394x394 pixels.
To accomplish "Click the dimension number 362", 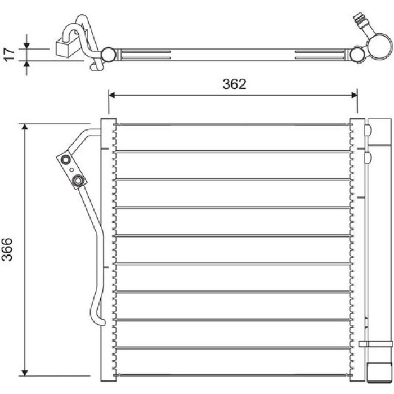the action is click(x=234, y=84).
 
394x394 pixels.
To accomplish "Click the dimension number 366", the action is click(x=7, y=249).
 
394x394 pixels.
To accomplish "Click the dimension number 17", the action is click(x=9, y=55).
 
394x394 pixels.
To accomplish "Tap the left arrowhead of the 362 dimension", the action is click(x=112, y=95).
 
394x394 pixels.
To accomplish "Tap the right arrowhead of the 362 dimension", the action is click(x=354, y=95).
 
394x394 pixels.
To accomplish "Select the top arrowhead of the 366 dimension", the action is click(x=25, y=127).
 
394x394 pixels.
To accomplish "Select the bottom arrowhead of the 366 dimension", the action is click(x=25, y=373).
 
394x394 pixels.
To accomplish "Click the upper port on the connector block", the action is click(x=66, y=159).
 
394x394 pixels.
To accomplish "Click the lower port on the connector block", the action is click(x=78, y=180).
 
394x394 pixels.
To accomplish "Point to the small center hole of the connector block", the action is click(x=71, y=170).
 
